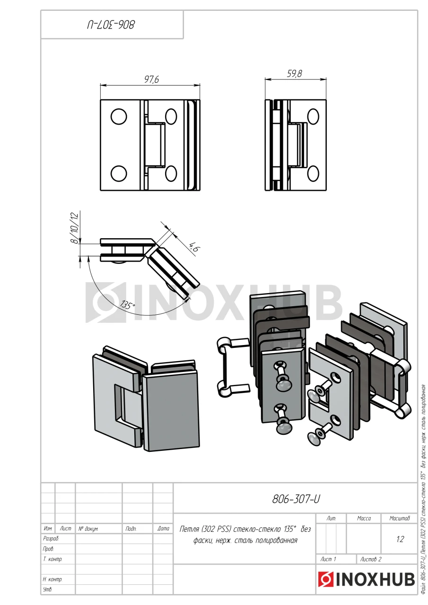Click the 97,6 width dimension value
(152, 79)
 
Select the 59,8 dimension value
(294, 73)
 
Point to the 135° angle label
(127, 305)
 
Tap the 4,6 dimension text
(193, 247)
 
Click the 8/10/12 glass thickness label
(75, 228)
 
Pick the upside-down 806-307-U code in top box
(111, 25)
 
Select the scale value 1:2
(400, 539)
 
